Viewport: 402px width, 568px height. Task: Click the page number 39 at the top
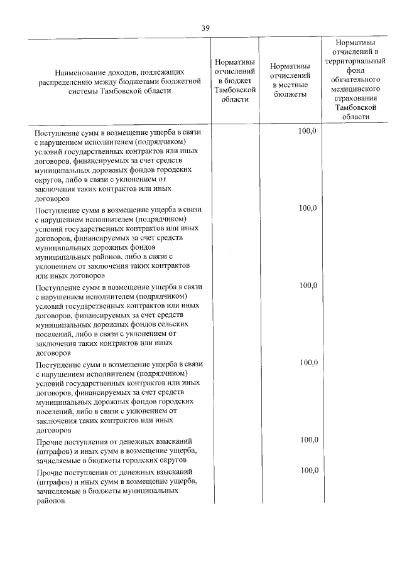(x=206, y=28)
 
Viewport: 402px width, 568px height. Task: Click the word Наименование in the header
(x=79, y=72)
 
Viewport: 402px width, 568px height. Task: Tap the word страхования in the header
(x=356, y=99)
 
